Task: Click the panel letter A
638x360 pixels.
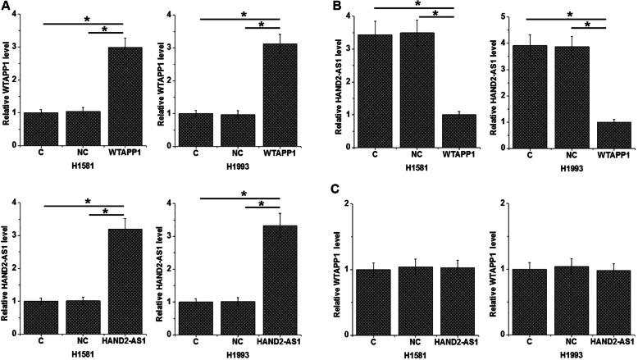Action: coord(7,7)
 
